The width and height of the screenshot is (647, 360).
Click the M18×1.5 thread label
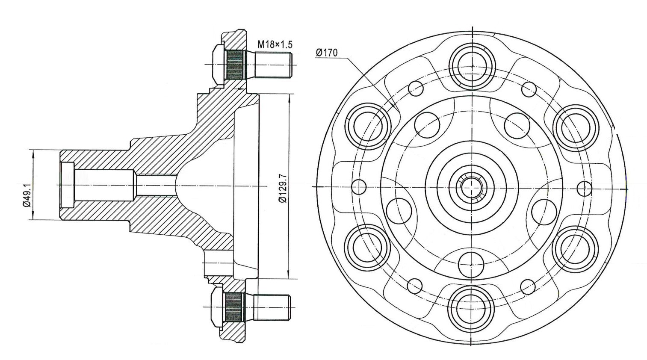[275, 44]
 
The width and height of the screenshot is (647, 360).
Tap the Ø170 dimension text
[327, 53]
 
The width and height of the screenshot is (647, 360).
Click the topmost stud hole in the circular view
[472, 66]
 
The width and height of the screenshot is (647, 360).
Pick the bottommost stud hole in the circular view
[472, 307]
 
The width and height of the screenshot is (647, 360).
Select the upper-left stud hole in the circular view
[368, 127]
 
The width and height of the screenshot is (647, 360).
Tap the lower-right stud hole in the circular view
[576, 247]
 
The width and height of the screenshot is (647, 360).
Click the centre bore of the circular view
[472, 187]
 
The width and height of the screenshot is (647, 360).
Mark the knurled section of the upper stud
[234, 65]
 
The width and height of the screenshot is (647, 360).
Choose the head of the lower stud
[217, 307]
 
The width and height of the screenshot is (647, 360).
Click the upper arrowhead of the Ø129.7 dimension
[290, 98]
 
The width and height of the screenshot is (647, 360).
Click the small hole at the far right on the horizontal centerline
[584, 187]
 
